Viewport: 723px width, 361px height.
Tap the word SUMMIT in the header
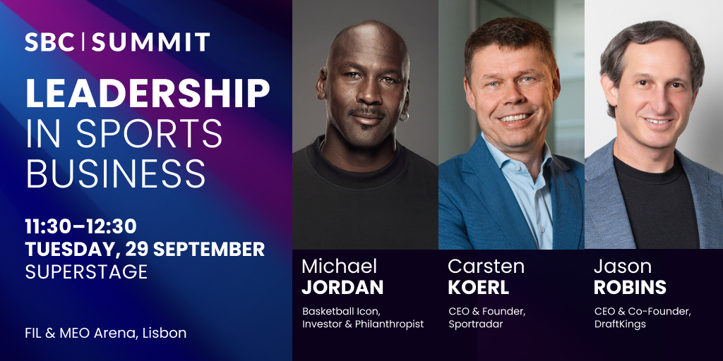point(151,42)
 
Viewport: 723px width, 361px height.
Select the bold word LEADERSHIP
point(148,94)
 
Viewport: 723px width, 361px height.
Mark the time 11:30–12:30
point(80,226)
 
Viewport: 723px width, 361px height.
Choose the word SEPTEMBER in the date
point(209,249)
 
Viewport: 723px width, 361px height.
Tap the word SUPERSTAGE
point(86,271)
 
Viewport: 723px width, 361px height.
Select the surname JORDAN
point(342,287)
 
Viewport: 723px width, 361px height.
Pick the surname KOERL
point(478,287)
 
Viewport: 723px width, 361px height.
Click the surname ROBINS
point(630,287)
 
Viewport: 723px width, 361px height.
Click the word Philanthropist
point(390,324)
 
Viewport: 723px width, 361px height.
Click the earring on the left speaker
point(404,116)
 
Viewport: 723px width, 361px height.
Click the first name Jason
point(623,266)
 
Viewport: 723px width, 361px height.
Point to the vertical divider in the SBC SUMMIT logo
point(83,42)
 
